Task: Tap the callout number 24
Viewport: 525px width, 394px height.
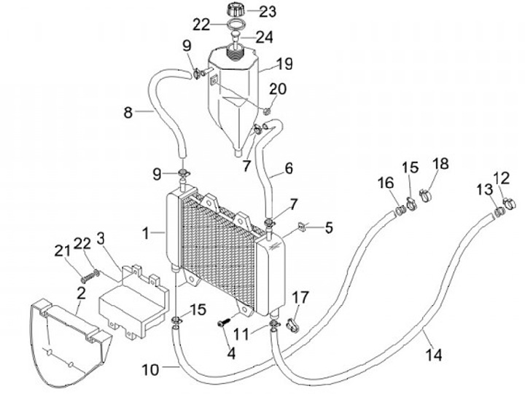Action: [264, 37]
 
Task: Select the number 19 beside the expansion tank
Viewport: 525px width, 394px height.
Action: [284, 64]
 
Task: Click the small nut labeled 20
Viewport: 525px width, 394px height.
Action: [267, 111]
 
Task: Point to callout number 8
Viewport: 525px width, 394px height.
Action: [128, 112]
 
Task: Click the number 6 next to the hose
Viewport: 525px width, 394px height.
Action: [289, 168]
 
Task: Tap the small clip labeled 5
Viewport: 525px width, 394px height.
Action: [302, 227]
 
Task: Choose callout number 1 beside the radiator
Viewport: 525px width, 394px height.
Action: [145, 233]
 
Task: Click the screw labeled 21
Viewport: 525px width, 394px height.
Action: [87, 278]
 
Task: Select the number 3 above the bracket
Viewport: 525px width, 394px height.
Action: [101, 238]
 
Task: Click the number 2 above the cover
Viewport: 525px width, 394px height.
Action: [82, 293]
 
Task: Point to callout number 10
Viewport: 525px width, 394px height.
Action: [150, 369]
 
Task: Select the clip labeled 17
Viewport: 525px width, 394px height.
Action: [293, 326]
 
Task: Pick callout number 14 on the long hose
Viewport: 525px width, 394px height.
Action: [434, 355]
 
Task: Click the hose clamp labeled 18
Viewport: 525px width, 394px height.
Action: [425, 195]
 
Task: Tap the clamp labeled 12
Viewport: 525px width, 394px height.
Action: [509, 204]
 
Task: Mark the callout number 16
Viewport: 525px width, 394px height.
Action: [386, 183]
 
